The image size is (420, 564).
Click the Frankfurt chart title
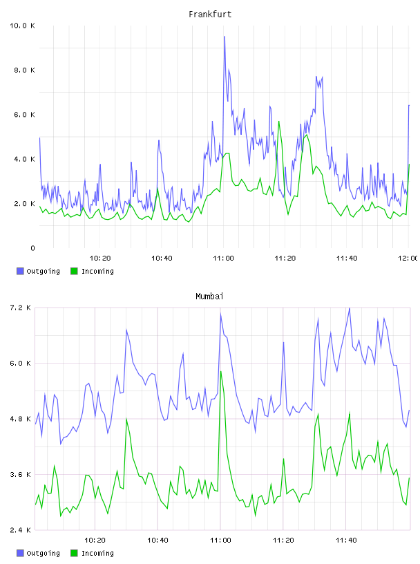210,15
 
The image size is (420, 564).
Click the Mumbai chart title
209,297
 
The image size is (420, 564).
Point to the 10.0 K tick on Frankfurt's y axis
22,26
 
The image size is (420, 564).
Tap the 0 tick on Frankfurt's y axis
32,248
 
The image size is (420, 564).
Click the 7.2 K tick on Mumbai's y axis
20,308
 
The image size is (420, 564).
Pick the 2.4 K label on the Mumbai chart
20,530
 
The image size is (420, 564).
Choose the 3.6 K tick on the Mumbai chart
20,474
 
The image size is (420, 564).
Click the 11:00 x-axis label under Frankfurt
223,258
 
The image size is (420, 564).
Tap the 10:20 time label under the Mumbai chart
95,540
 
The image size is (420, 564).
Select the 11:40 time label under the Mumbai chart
346,540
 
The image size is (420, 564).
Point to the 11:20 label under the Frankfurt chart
285,258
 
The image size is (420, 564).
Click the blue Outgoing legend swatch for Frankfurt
20,271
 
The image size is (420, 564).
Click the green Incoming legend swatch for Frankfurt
74,271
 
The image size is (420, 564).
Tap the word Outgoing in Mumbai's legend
43,553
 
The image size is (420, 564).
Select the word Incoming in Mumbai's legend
97,553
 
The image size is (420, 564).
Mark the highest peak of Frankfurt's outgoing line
225,37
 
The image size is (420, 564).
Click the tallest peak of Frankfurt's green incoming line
278,122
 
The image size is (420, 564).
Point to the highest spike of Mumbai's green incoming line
221,372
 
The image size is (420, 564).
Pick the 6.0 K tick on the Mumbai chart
20,364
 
